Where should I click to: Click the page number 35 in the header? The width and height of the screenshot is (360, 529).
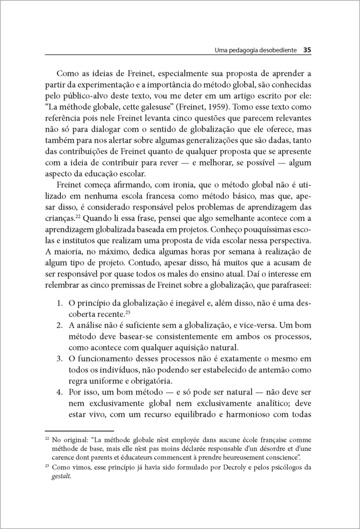308,50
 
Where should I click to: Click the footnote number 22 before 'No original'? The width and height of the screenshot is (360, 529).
48,439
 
